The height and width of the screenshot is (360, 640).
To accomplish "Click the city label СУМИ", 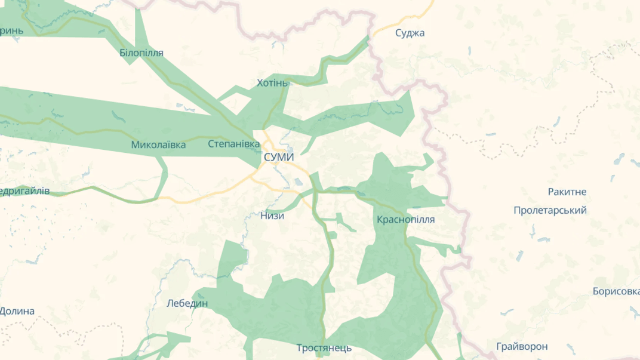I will pos(278,156).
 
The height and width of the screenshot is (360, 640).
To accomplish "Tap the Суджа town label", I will pos(410,33).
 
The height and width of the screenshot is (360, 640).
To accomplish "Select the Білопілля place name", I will pos(141,53).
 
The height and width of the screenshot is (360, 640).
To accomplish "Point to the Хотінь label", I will pos(272,82).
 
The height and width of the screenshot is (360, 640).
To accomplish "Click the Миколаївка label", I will pos(158,144).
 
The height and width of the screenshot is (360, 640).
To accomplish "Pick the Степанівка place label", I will pos(234,144).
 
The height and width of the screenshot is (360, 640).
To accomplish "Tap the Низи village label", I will pos(272,216).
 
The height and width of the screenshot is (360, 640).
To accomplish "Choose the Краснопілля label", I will pos(406,219).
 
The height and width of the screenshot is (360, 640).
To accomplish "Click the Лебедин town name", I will pos(187,303).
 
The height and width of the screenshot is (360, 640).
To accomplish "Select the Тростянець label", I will pos(324,347).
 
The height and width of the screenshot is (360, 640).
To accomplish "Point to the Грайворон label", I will pos(522,346).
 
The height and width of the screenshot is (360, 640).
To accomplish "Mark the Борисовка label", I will pos(616,291).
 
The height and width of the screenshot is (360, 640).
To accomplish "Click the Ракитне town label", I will pos(567,192).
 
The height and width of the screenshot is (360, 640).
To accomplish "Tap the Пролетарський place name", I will pos(550,210).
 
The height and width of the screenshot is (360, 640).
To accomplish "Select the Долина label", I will pos(17,311).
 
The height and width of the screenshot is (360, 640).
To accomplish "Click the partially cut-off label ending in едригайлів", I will pos(24,191).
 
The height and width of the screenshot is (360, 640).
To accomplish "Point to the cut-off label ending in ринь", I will pos(11,30).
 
